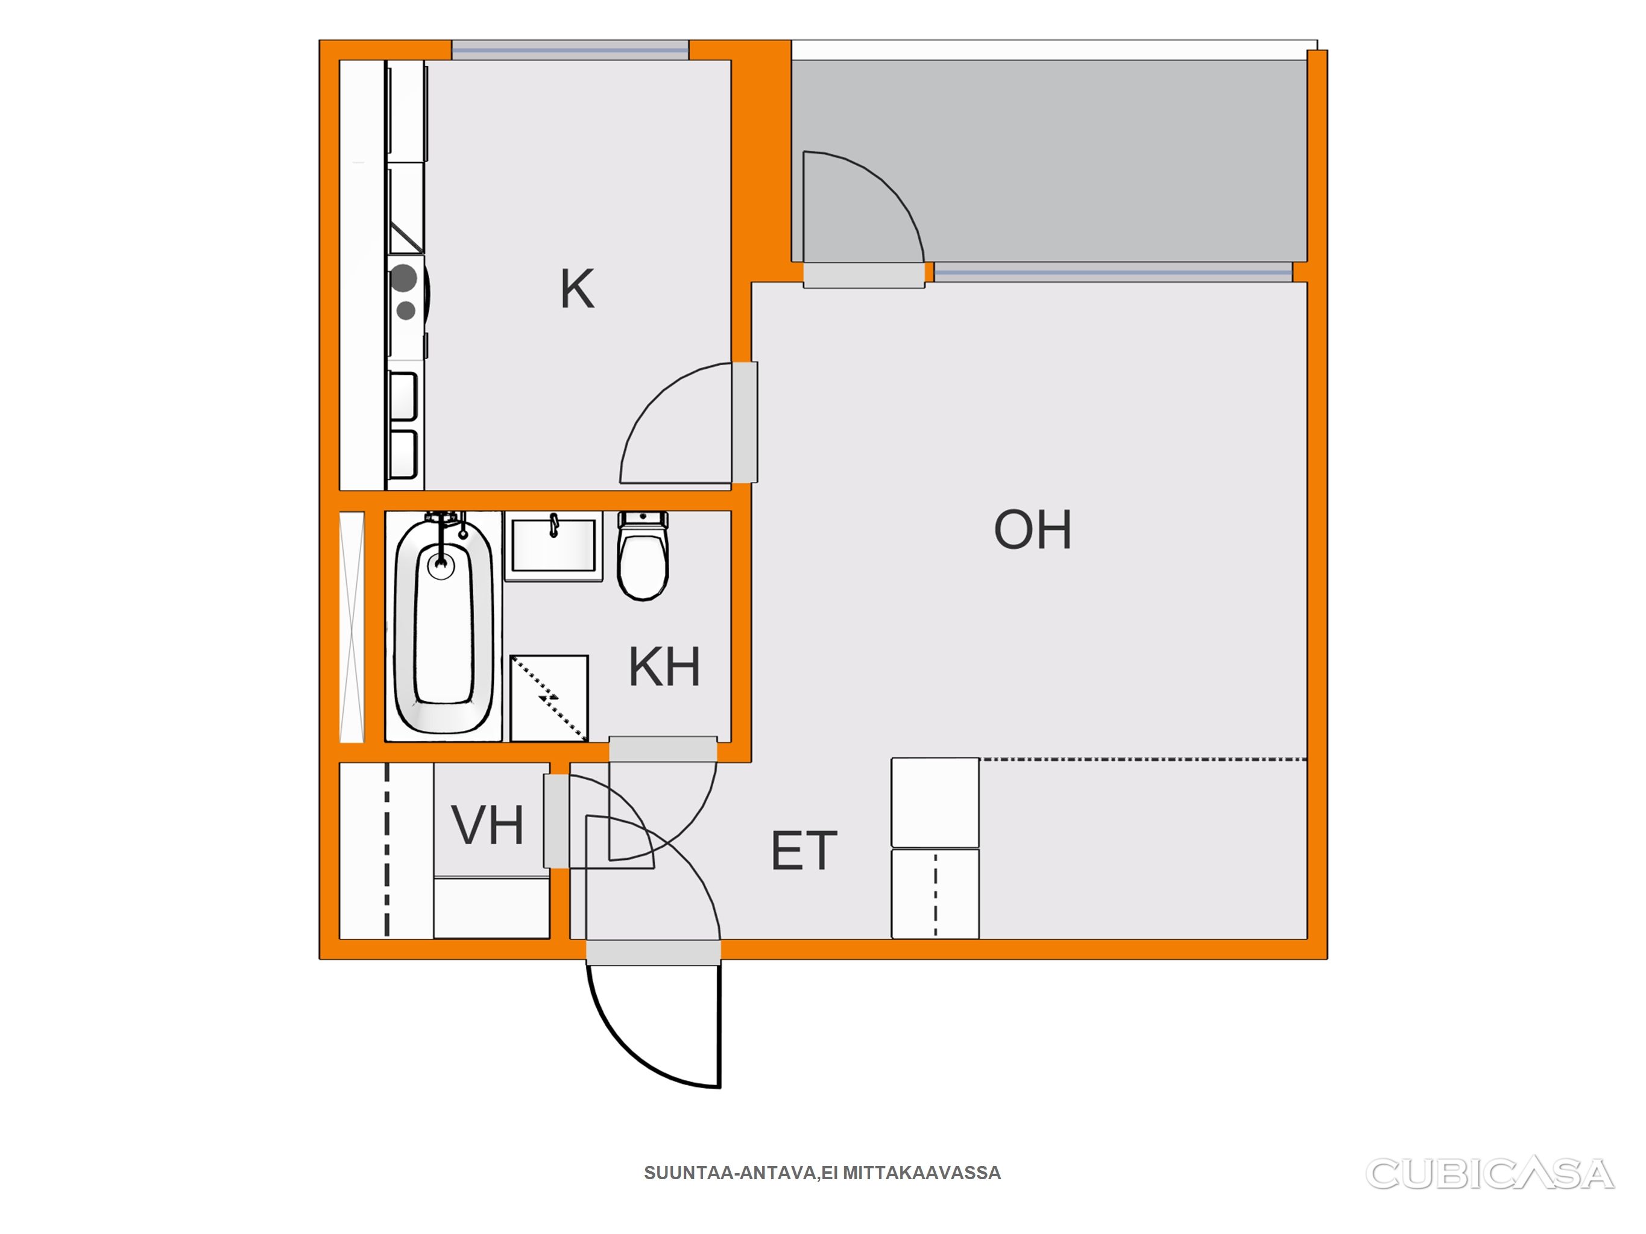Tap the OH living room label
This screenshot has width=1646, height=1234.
click(1033, 530)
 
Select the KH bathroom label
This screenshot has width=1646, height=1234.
click(664, 666)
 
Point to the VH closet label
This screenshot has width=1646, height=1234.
click(487, 825)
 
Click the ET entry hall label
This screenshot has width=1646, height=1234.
click(804, 851)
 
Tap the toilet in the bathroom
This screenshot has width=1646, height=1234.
click(644, 556)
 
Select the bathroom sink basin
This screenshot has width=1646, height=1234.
click(553, 546)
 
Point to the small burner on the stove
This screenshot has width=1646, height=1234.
click(406, 310)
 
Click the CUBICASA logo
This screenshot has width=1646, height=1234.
click(1489, 1173)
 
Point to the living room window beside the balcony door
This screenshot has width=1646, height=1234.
click(1113, 272)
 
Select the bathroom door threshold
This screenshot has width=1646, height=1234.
click(663, 749)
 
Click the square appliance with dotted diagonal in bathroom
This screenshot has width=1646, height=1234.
click(549, 698)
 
